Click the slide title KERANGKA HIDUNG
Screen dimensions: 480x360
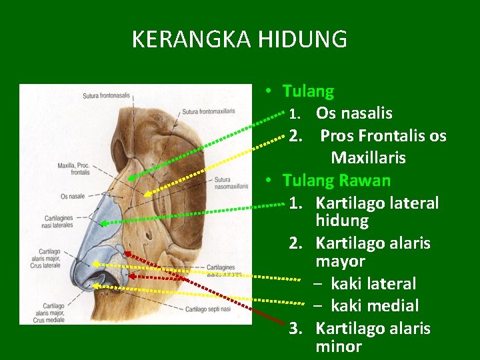tap(239, 39)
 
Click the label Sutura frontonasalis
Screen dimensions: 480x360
tap(106, 95)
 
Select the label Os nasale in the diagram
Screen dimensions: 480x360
tap(72, 196)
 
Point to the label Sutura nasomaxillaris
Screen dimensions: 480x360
tap(231, 183)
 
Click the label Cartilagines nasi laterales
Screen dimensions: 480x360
tap(59, 221)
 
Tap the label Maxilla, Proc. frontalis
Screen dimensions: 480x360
tap(73, 168)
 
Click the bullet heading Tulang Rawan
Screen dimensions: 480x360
tap(336, 180)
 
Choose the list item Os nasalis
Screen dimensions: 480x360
tap(353, 113)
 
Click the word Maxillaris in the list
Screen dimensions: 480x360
tap(368, 158)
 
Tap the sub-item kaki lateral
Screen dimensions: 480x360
tap(373, 283)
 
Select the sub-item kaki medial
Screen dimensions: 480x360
tap(374, 306)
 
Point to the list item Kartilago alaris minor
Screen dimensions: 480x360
tap(373, 337)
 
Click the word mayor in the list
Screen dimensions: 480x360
tap(340, 261)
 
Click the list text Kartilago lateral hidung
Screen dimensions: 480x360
tap(377, 211)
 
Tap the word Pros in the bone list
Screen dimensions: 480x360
tap(336, 136)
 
